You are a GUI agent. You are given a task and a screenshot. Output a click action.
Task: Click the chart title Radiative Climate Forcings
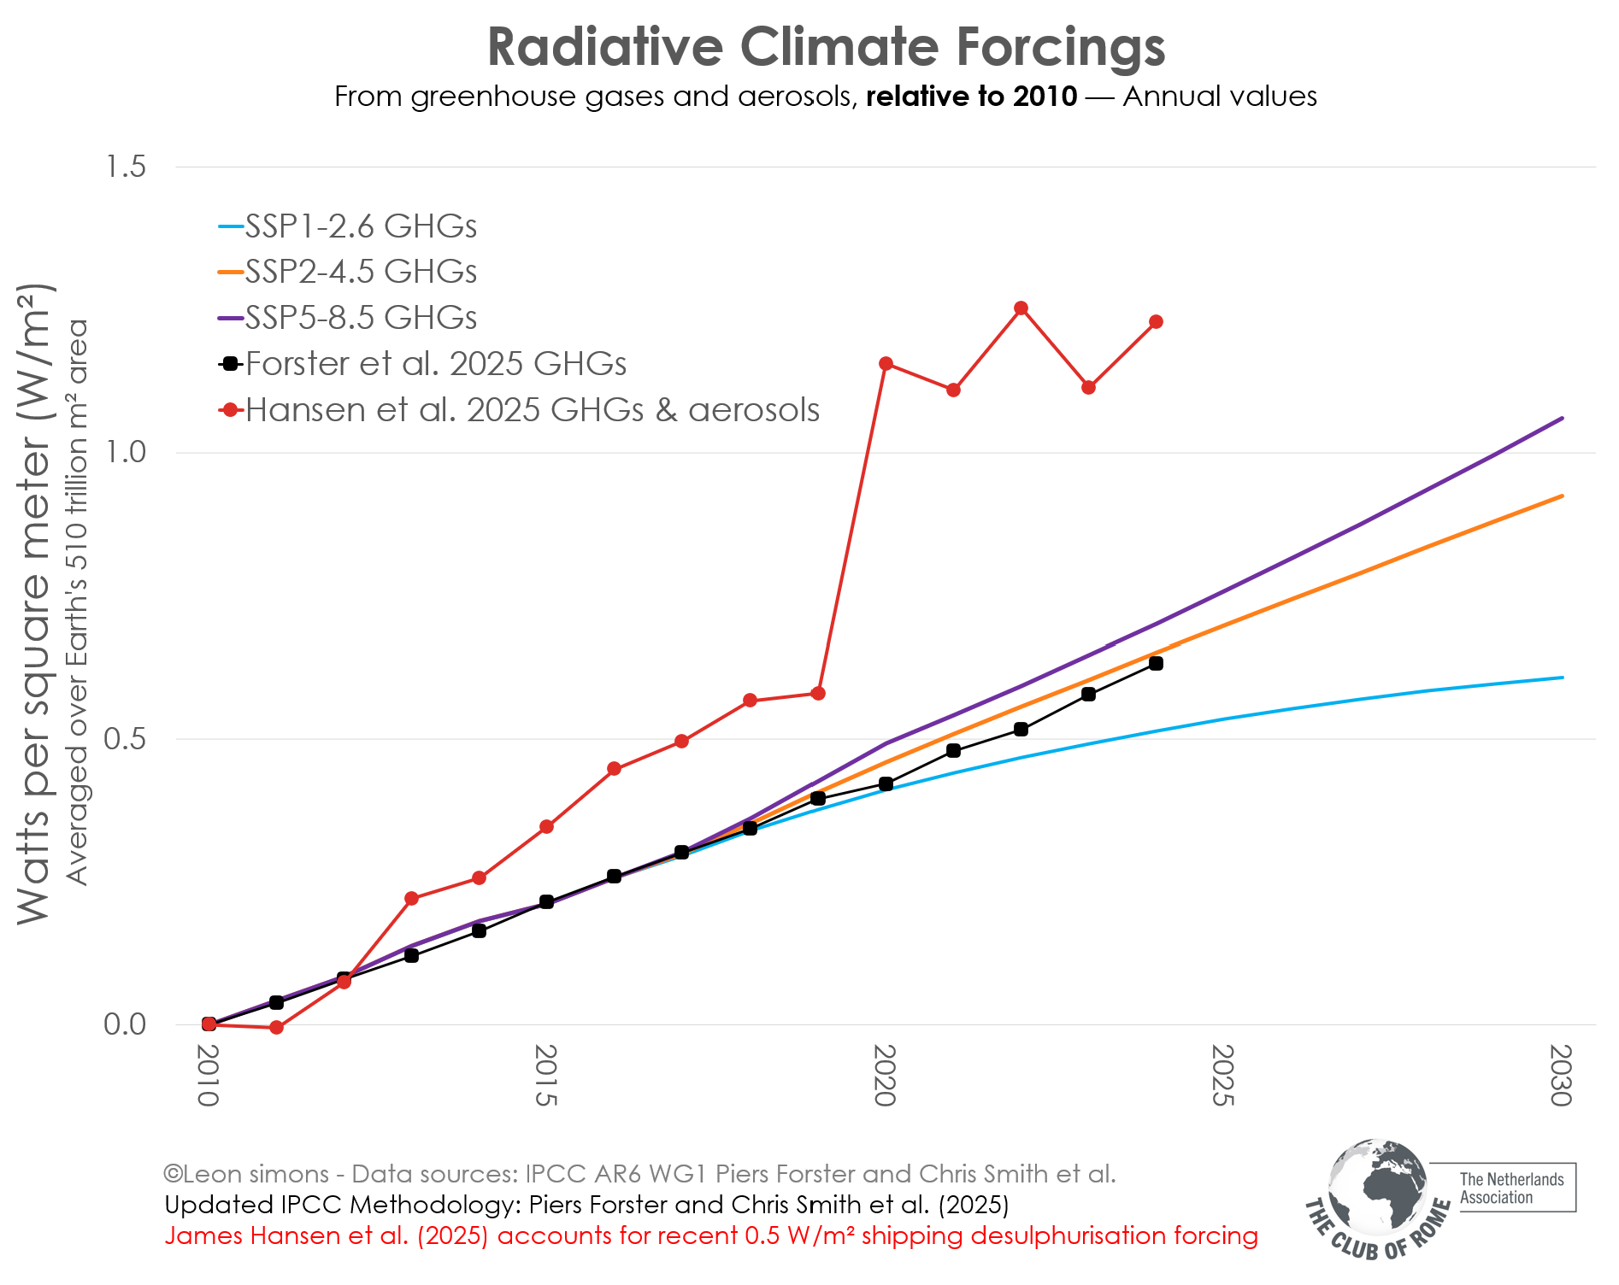point(826,46)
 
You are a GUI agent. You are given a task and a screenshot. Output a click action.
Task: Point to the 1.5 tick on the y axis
point(125,167)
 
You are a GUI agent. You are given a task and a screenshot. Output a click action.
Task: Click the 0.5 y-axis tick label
point(125,739)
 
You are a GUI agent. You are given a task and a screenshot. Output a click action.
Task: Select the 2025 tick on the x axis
point(1223,1076)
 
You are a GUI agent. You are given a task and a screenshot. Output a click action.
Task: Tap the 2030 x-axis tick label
point(1561,1076)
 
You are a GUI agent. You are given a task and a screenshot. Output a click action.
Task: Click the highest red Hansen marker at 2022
point(1021,308)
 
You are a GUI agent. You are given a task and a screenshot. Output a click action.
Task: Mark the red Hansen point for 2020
point(886,364)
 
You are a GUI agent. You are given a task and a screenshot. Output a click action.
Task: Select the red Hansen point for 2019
point(818,693)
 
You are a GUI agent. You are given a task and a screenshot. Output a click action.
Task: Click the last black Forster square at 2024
point(1156,664)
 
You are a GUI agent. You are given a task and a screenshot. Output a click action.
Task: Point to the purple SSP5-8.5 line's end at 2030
point(1562,419)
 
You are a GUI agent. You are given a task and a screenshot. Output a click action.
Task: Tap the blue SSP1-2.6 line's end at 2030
point(1562,678)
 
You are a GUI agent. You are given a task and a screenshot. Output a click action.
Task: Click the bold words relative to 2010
point(971,97)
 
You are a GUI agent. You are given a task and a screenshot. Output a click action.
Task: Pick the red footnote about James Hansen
point(710,1236)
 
